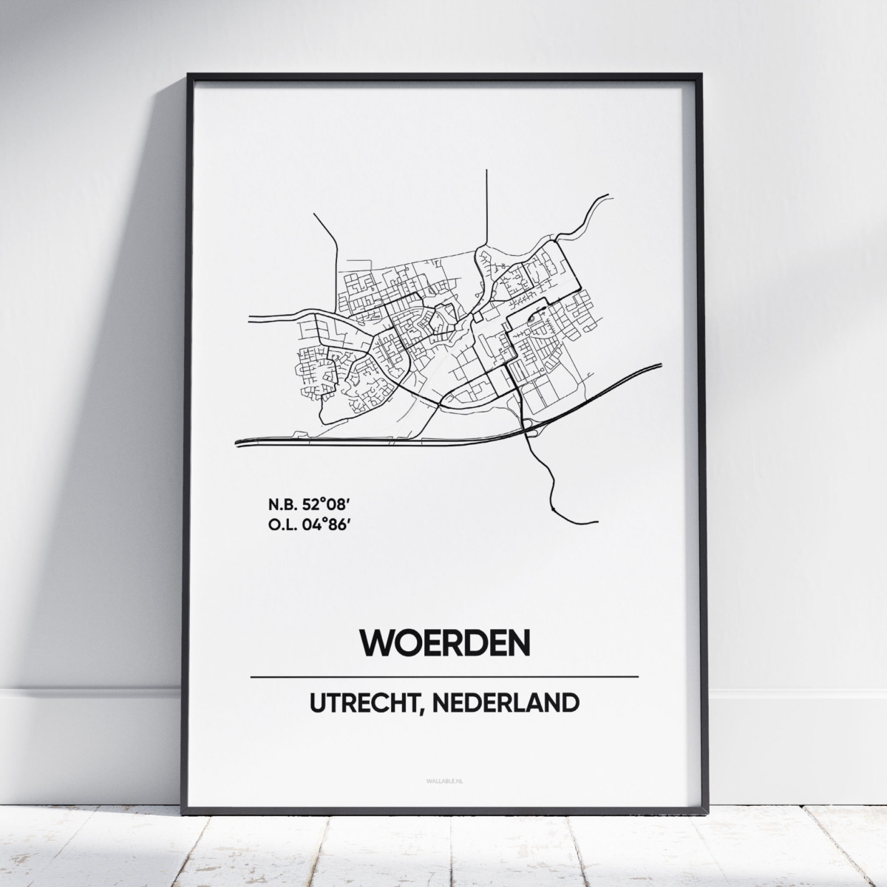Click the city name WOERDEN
445,643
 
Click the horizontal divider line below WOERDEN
445,676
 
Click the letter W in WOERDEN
375,643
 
